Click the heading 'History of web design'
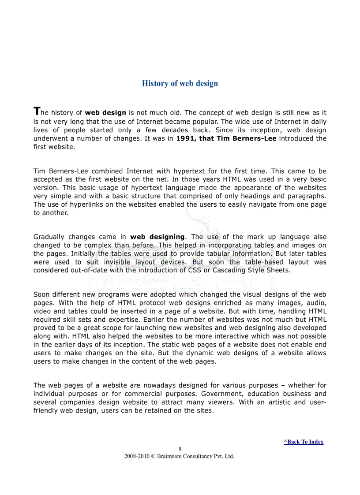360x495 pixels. pos(180,83)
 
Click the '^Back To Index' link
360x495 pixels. pos(304,442)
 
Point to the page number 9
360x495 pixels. pos(180,449)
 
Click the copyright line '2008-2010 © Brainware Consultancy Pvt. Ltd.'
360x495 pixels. pos(180,456)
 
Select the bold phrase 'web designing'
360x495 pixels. pos(157,237)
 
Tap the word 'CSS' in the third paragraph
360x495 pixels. pos(195,270)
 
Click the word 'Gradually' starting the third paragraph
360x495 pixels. pos(49,237)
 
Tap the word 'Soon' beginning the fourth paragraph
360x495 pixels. pos(41,294)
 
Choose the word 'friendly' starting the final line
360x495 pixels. pos(45,410)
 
